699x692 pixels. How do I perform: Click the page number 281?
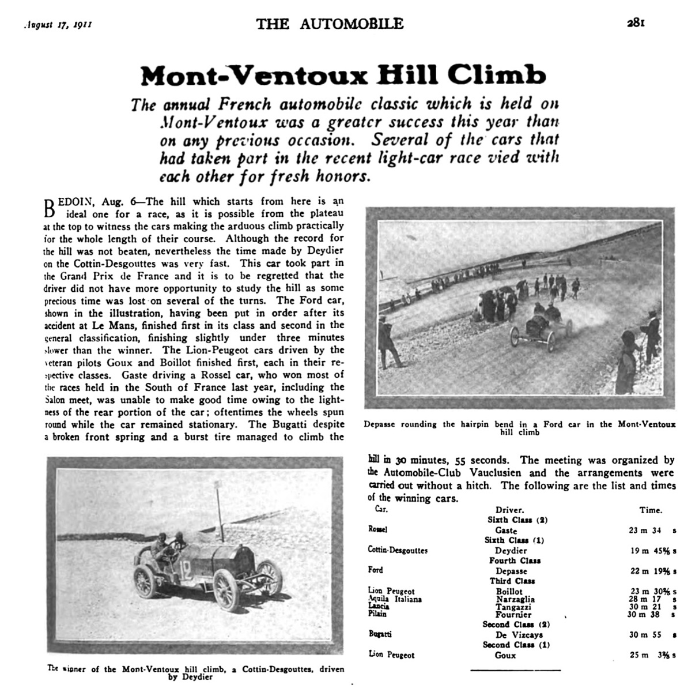pyautogui.click(x=636, y=24)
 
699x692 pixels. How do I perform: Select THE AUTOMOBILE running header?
pyautogui.click(x=330, y=24)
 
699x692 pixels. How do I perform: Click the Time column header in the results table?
pyautogui.click(x=651, y=510)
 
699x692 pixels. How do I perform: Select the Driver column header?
pyautogui.click(x=509, y=510)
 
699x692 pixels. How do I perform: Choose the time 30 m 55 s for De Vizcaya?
pyautogui.click(x=652, y=634)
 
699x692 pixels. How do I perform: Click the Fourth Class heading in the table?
pyautogui.click(x=511, y=561)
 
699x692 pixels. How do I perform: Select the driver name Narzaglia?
pyautogui.click(x=515, y=599)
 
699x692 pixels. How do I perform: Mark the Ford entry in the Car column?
pyautogui.click(x=375, y=570)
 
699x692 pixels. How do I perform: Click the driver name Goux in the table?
pyautogui.click(x=505, y=655)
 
